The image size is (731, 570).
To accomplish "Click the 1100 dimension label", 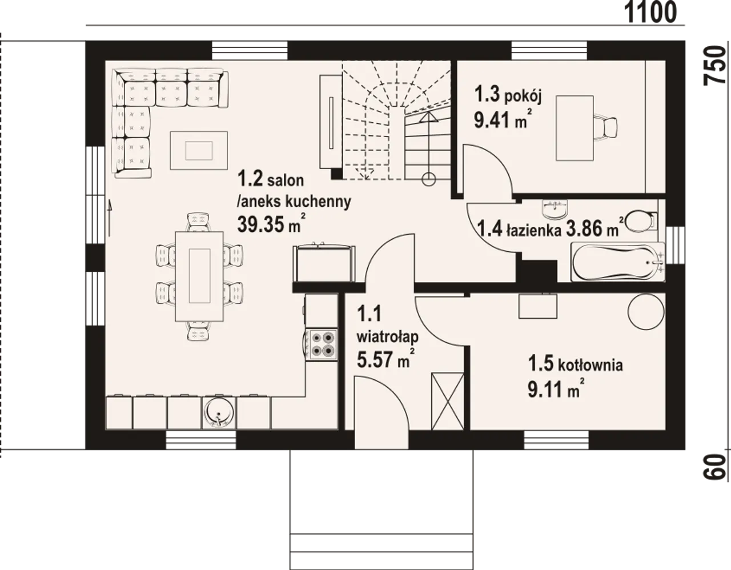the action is [x=650, y=12].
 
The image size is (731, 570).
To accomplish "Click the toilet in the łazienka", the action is [x=642, y=221].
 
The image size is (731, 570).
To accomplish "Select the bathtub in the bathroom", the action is [x=617, y=262].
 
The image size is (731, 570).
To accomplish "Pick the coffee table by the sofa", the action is [x=199, y=150].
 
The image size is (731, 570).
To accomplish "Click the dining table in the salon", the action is [x=199, y=276].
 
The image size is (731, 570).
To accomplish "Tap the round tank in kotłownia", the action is [x=646, y=311].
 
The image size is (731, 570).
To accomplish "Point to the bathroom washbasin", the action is [x=555, y=208].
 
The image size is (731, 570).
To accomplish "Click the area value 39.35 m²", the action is [x=272, y=224].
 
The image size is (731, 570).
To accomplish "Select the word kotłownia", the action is [x=591, y=365].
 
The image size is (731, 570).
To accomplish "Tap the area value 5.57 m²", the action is [x=385, y=359].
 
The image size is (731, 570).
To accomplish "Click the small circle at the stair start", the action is [x=428, y=179].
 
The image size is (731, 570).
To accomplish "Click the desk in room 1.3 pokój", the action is [x=575, y=128].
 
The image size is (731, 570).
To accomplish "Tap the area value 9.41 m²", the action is [x=503, y=119].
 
